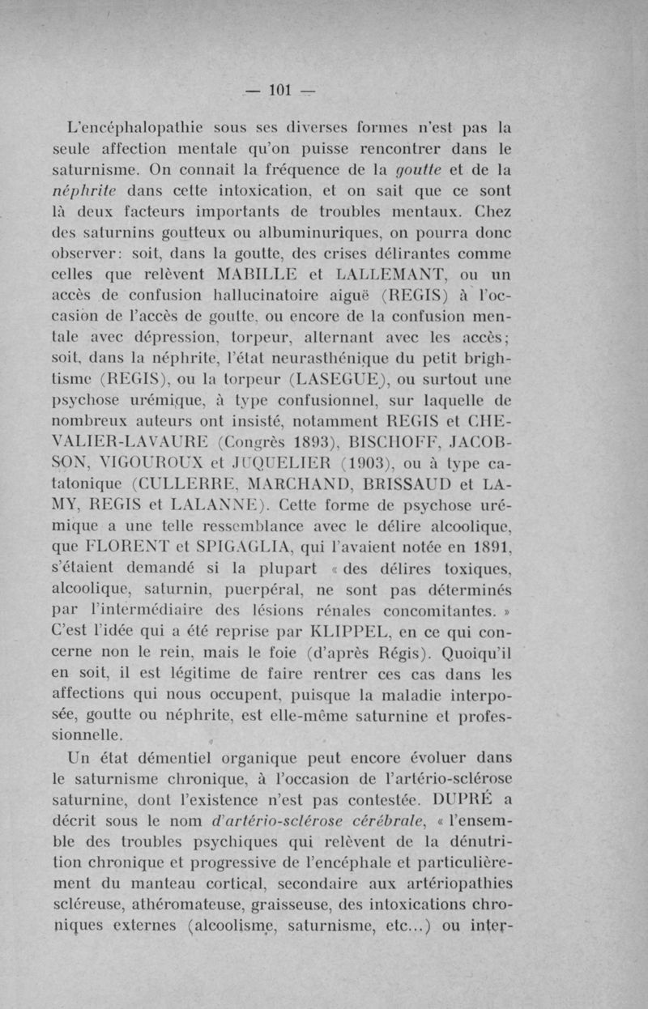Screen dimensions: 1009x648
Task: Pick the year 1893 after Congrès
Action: tap(288, 444)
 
